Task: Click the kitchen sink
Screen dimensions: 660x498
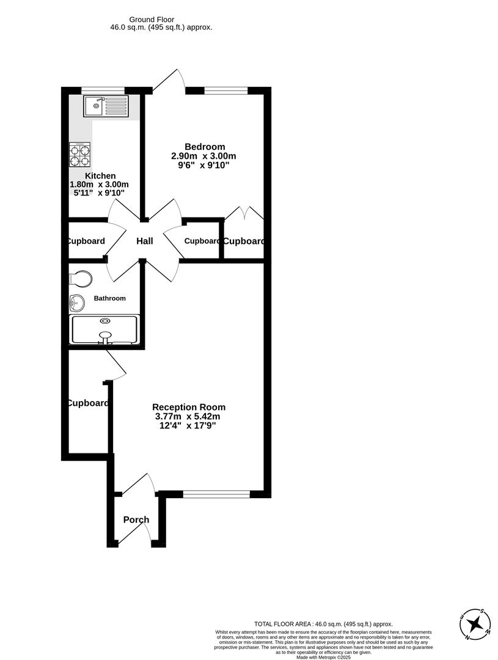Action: [x=107, y=106]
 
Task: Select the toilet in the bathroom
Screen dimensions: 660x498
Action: [x=81, y=279]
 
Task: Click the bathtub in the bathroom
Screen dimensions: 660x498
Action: [x=105, y=329]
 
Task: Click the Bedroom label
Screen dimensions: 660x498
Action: [x=205, y=147]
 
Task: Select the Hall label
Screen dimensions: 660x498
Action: [x=145, y=241]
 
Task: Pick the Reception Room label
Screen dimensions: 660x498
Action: [x=189, y=407]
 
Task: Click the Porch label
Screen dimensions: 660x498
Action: [x=136, y=520]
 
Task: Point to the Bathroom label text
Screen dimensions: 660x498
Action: [x=109, y=298]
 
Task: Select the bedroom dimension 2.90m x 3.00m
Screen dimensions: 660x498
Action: [x=203, y=156]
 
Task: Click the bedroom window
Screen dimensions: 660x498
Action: [x=226, y=90]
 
